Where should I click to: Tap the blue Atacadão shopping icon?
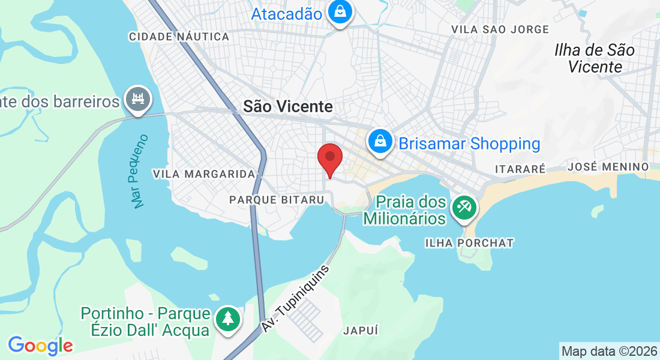340,13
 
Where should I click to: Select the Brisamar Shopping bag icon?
380,143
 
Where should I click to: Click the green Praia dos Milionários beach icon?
464,209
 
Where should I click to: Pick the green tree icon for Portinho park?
228,319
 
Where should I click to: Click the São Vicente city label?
287,107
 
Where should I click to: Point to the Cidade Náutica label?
179,37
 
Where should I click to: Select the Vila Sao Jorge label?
500,29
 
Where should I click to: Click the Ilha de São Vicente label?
595,58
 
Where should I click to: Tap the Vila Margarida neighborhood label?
205,174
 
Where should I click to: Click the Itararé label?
520,169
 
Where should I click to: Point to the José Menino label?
608,166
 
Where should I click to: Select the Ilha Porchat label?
469,243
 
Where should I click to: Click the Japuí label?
361,330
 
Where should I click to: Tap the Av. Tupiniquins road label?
296,299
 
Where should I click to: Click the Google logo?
40,346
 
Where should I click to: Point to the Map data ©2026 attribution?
608,351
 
